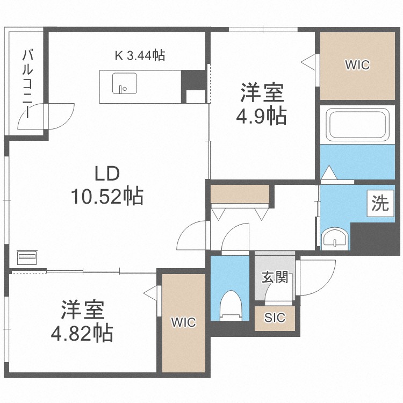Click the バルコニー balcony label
(27, 84)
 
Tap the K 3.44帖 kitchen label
(140, 55)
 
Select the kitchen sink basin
(125, 83)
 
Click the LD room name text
(107, 174)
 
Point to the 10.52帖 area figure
(107, 196)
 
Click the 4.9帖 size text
(261, 116)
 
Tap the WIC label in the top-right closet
(357, 65)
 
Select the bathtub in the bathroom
(357, 125)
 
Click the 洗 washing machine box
(380, 203)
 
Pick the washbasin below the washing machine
(335, 238)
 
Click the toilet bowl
(231, 305)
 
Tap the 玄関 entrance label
(275, 278)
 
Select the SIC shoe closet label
(275, 318)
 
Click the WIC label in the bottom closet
(184, 322)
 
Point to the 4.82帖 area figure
(82, 333)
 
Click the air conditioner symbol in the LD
(27, 257)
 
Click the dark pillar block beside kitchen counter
(193, 80)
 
